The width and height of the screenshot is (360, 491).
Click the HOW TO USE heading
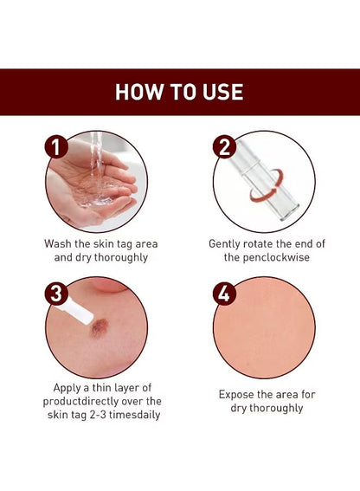coord(179,92)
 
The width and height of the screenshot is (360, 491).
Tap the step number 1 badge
coord(56,147)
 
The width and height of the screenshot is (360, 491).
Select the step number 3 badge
coord(56,294)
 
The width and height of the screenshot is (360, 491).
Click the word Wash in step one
coord(60,244)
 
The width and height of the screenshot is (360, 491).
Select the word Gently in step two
coord(228,244)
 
